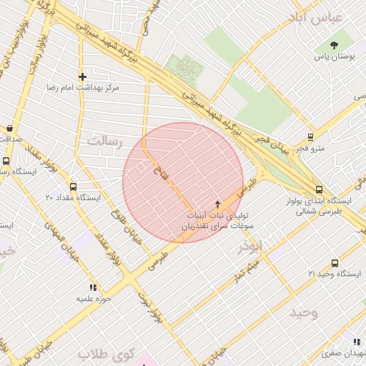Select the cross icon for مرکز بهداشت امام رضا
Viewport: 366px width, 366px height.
point(83,76)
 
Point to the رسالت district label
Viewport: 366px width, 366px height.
point(105,142)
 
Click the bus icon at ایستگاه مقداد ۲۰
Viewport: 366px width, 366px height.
point(73,187)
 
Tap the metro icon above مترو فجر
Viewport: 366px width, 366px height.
point(310,137)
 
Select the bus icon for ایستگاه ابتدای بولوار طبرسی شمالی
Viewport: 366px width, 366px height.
point(319,189)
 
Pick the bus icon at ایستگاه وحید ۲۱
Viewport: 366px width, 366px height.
point(335,263)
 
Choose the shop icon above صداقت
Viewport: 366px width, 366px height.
point(9,129)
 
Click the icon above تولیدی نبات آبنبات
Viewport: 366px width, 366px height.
point(218,204)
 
